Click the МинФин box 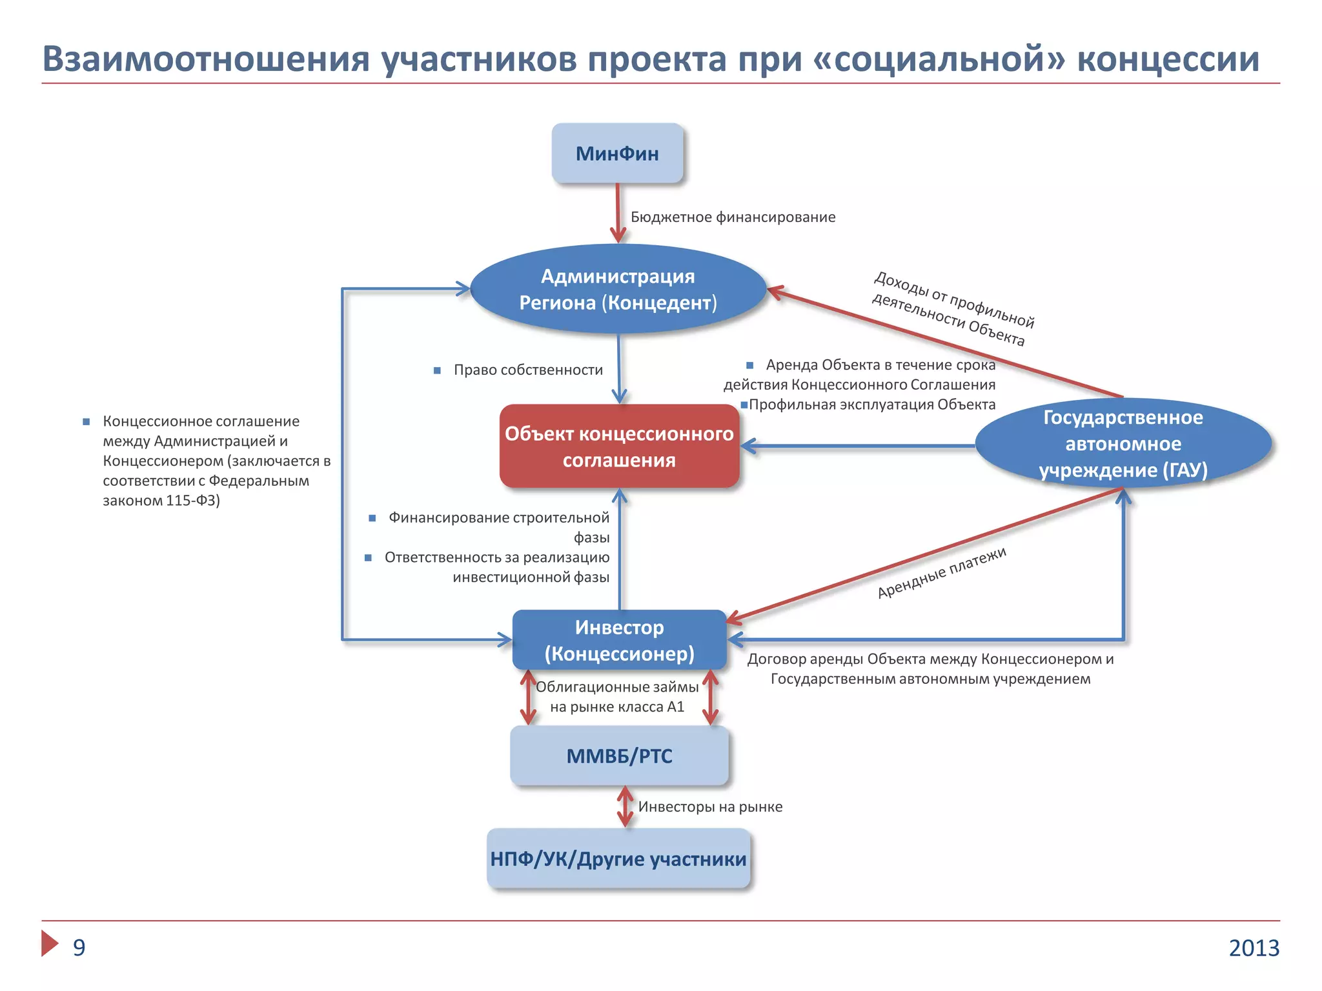[617, 154]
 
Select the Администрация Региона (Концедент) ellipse [618, 289]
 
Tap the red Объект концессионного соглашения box [619, 446]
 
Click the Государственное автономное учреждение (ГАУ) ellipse [1123, 444]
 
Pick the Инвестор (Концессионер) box [619, 640]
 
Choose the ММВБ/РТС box [619, 756]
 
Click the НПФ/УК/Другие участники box [618, 859]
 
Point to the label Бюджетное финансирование [733, 217]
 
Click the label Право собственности [528, 370]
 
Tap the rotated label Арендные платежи [941, 573]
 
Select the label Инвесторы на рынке [710, 807]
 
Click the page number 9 [79, 947]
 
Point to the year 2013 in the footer [1254, 948]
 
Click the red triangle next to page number [49, 943]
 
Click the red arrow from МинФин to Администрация [618, 213]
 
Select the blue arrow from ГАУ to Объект [859, 446]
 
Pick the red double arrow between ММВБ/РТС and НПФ [625, 806]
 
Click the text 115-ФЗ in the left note [192, 501]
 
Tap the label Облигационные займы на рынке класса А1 [617, 697]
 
